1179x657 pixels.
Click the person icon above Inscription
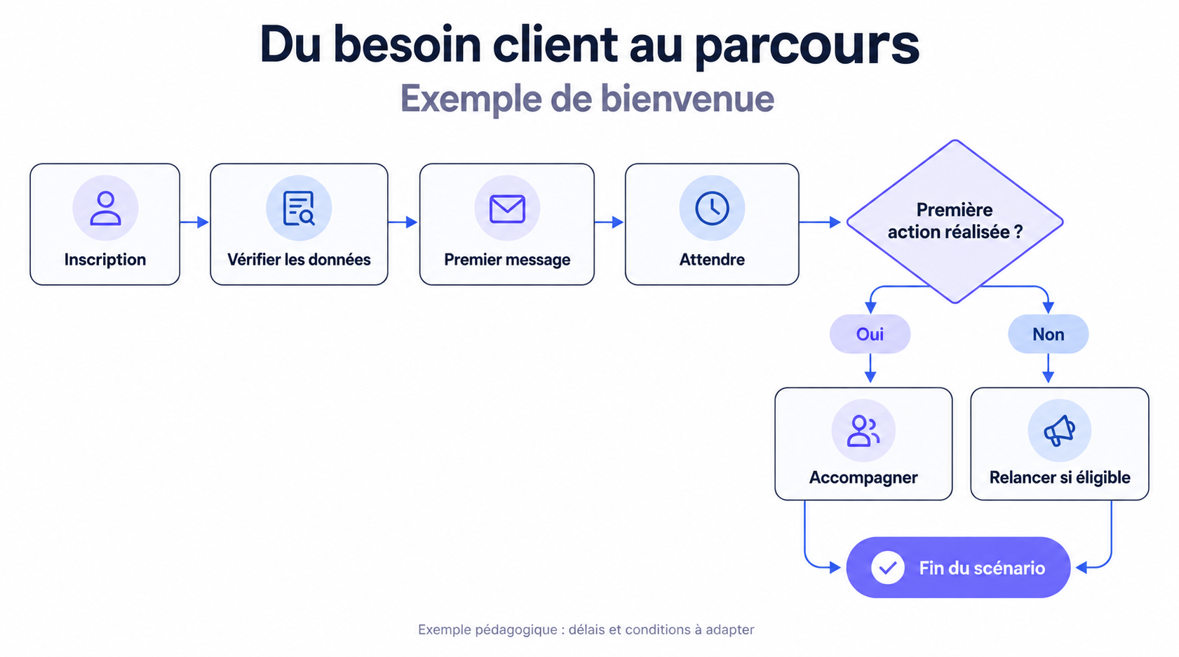tap(105, 208)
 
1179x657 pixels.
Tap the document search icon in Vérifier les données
tap(299, 208)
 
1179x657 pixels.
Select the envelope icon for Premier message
tap(507, 209)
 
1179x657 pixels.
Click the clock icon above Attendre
tap(712, 208)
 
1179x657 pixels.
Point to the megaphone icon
tap(1060, 431)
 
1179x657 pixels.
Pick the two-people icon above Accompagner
tap(863, 431)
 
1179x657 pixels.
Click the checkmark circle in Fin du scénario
tap(888, 567)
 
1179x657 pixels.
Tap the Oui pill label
tap(870, 334)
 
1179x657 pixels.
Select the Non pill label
tap(1049, 334)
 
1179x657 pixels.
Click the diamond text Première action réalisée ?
tap(955, 221)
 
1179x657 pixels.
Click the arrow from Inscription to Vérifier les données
tap(195, 223)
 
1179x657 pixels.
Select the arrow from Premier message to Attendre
tap(609, 223)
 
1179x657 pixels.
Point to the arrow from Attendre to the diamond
tap(820, 223)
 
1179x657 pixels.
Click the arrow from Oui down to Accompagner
tap(870, 369)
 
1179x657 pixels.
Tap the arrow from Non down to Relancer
tap(1049, 369)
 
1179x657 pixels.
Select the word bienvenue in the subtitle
tap(687, 98)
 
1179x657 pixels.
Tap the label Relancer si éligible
tap(1060, 477)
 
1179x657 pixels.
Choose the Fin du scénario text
tap(982, 568)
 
